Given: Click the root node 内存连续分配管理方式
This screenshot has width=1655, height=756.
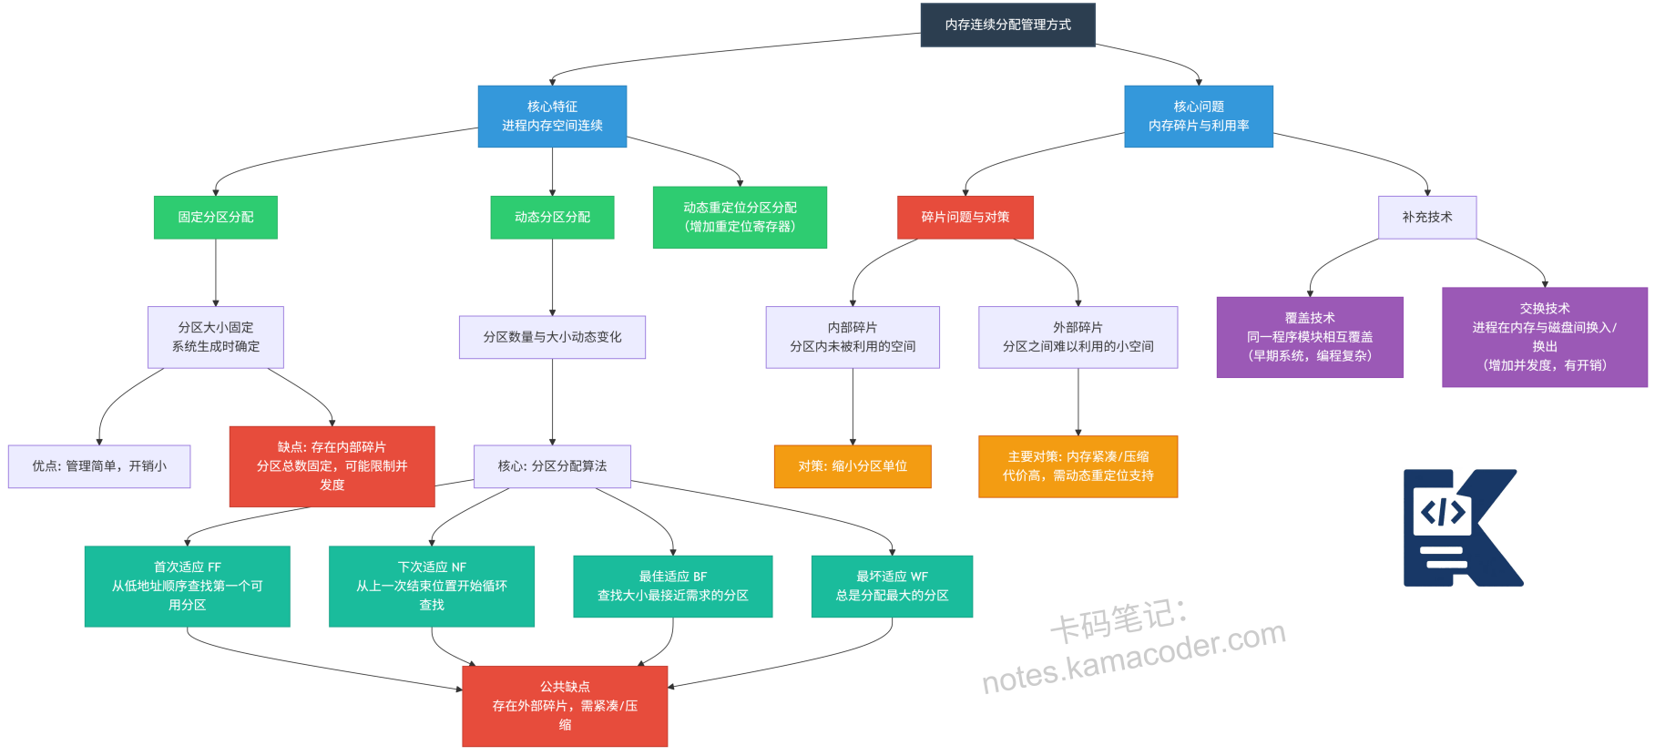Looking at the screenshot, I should pos(1007,25).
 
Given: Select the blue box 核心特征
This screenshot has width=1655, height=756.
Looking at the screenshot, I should pos(552,117).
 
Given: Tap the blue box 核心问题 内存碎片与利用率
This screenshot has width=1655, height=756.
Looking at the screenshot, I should pos(1198,117).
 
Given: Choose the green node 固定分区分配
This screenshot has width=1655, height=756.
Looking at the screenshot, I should pos(216,218).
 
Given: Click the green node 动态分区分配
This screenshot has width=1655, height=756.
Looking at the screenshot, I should pos(552,218).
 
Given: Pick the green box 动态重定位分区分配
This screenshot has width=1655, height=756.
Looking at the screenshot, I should pos(740,218).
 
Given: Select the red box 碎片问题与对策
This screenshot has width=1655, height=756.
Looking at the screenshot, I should pos(965,218).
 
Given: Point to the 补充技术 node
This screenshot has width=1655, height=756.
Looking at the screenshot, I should pos(1426,218).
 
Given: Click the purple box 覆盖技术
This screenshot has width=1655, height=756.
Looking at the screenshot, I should pos(1309,337).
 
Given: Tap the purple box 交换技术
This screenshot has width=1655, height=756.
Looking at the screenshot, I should pos(1544,337).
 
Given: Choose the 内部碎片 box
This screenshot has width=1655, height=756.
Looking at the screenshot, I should pos(853,337).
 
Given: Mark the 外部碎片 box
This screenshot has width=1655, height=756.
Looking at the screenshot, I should pos(1078,337).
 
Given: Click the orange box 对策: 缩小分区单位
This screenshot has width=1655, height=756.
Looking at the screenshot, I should pos(853,466).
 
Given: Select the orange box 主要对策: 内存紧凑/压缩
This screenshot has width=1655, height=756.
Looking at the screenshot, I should pos(1078,466).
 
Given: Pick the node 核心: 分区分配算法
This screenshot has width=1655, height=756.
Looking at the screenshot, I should pos(552,466).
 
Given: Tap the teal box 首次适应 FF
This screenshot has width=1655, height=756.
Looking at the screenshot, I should pos(188,586).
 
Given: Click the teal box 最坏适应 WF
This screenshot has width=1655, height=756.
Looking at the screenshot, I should pos(892,586).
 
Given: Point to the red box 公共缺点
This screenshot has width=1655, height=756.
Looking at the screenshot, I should pos(565,706).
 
